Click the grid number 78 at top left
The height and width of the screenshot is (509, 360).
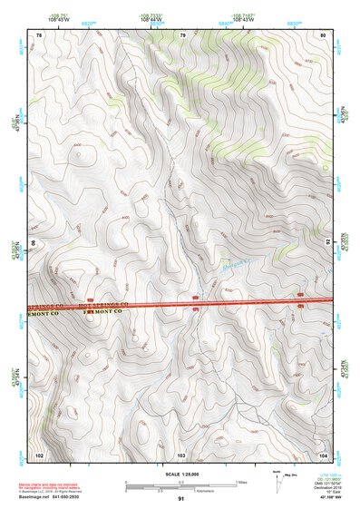39,34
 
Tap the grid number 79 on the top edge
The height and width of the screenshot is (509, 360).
182,34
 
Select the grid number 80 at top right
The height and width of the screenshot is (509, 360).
324,34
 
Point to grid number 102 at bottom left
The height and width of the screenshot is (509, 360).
39,454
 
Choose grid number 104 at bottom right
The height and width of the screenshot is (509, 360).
324,454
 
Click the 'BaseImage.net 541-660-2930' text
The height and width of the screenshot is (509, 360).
49,497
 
